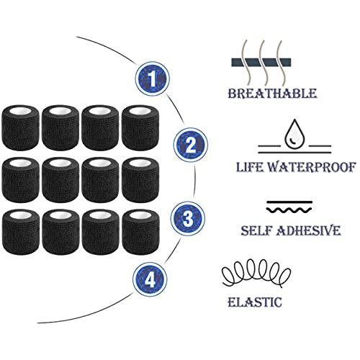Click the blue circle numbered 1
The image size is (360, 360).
(x=152, y=78)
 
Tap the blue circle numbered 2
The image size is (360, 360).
(x=191, y=145)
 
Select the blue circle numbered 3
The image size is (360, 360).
(x=188, y=218)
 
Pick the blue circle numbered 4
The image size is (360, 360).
(x=150, y=279)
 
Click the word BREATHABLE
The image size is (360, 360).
(x=272, y=94)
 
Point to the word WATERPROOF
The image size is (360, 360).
(x=312, y=167)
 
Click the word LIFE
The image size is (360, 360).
(x=250, y=167)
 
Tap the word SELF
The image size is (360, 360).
(x=256, y=231)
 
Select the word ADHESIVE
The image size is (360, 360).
(x=309, y=231)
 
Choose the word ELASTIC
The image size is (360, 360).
(x=255, y=302)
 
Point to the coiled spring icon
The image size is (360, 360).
(x=256, y=273)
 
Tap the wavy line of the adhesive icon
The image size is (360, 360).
(x=289, y=210)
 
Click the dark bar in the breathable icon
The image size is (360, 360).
(x=261, y=62)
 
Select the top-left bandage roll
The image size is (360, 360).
(x=20, y=127)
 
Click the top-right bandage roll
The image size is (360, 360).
(x=140, y=127)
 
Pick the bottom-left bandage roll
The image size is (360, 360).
(x=20, y=232)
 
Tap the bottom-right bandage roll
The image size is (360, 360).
(x=140, y=232)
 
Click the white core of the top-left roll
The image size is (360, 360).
(x=20, y=111)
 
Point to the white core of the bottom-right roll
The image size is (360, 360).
(x=140, y=215)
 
